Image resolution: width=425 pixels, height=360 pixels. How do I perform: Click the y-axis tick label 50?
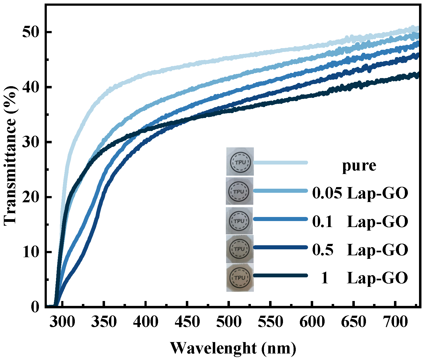tap(30, 32)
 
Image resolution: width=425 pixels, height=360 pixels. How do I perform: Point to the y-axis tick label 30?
tap(30, 142)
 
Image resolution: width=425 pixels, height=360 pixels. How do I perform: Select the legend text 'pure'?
tap(359, 166)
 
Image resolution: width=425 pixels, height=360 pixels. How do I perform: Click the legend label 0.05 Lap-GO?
tap(360, 194)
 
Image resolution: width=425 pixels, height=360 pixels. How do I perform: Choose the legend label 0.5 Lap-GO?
tap(360, 250)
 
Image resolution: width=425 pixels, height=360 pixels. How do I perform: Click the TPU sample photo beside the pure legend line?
tap(240, 162)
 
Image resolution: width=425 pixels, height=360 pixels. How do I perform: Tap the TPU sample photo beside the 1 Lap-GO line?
tap(240, 277)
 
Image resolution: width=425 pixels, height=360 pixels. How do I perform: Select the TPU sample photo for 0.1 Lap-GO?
tap(239, 221)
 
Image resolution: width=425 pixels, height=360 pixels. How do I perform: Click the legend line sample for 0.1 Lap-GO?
tap(280, 219)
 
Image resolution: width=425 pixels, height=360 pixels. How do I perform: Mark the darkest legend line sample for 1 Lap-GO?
tap(280, 275)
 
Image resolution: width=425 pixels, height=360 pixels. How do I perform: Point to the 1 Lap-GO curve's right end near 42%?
tap(417, 75)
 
